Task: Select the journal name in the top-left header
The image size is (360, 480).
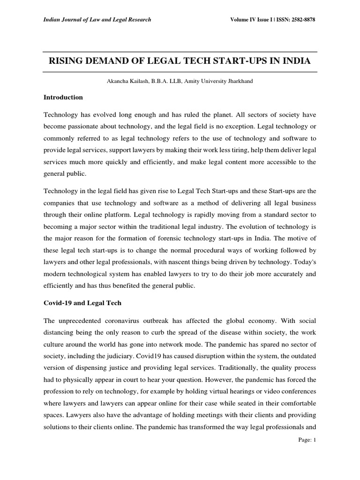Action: coord(97,19)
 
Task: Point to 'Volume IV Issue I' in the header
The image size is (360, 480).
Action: coord(250,19)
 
